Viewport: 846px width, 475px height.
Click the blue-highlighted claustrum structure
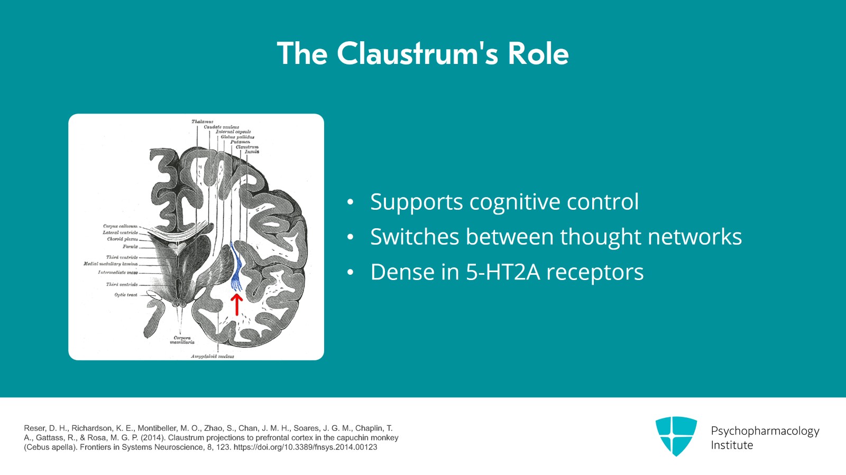[236, 267]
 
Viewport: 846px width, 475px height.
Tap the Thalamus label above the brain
[202, 122]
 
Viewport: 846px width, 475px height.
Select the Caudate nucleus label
[221, 127]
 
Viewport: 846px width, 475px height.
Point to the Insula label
[252, 152]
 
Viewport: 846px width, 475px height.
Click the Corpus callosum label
[120, 226]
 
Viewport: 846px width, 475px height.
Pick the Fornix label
[130, 246]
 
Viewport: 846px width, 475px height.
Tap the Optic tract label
[126, 295]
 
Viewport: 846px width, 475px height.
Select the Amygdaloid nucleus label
[212, 356]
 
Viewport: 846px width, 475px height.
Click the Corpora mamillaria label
[182, 340]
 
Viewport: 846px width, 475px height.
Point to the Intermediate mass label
[117, 273]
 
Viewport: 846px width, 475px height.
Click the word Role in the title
[538, 53]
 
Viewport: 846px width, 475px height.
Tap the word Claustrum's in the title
[417, 53]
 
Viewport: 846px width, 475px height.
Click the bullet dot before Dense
[350, 273]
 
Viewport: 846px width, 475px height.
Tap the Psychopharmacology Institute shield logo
[676, 436]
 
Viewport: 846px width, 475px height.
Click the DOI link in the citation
[306, 447]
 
